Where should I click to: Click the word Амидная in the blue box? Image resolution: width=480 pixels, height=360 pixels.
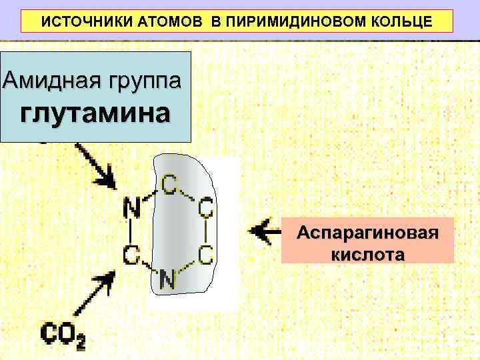46,81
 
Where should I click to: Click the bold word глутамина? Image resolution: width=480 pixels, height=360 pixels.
95,113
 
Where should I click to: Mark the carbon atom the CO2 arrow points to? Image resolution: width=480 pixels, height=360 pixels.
131,253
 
